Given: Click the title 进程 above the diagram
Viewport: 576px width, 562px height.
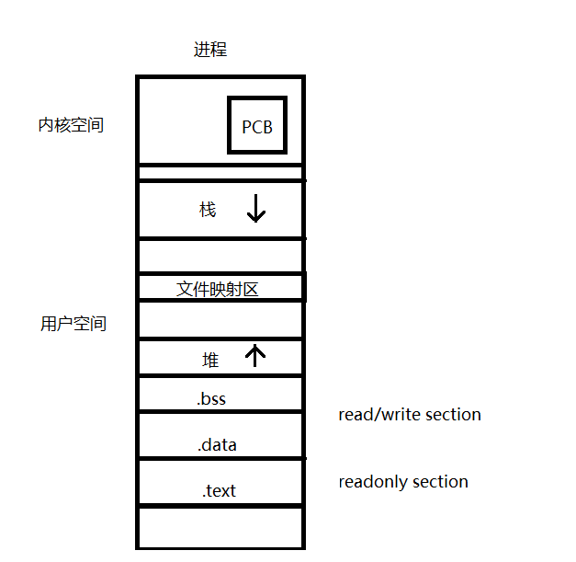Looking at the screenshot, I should pyautogui.click(x=209, y=50).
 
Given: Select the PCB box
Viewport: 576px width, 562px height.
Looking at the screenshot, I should pyautogui.click(x=257, y=125).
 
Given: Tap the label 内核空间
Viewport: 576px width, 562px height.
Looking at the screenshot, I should pyautogui.click(x=71, y=125).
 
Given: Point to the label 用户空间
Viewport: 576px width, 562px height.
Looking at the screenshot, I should pyautogui.click(x=73, y=324).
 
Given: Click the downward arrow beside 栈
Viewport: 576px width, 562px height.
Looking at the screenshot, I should pyautogui.click(x=256, y=210).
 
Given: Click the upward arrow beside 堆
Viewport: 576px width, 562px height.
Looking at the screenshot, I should pyautogui.click(x=256, y=355).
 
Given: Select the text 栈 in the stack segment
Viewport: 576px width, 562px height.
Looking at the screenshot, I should pyautogui.click(x=208, y=211).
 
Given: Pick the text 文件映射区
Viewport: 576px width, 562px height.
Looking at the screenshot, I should pyautogui.click(x=218, y=289).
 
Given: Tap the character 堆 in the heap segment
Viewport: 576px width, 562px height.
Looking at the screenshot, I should pyautogui.click(x=210, y=361).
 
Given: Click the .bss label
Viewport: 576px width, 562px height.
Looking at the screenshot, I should pyautogui.click(x=211, y=399).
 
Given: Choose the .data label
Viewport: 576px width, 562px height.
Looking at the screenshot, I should pyautogui.click(x=217, y=445).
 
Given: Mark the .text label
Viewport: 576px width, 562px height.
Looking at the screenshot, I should pyautogui.click(x=219, y=491).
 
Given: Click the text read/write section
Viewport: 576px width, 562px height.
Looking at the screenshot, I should pyautogui.click(x=410, y=415).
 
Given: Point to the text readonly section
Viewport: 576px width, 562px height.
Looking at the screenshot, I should pyautogui.click(x=403, y=482).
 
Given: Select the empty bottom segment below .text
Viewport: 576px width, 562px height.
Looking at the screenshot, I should pyautogui.click(x=220, y=527).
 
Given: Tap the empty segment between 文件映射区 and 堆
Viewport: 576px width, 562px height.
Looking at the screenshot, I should pyautogui.click(x=220, y=320).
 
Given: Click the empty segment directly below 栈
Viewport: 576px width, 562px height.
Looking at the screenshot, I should pyautogui.click(x=220, y=255).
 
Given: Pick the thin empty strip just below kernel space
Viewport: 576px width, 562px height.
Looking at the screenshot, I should pyautogui.click(x=220, y=173).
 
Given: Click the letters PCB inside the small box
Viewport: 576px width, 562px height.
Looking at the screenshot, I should pyautogui.click(x=257, y=128).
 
